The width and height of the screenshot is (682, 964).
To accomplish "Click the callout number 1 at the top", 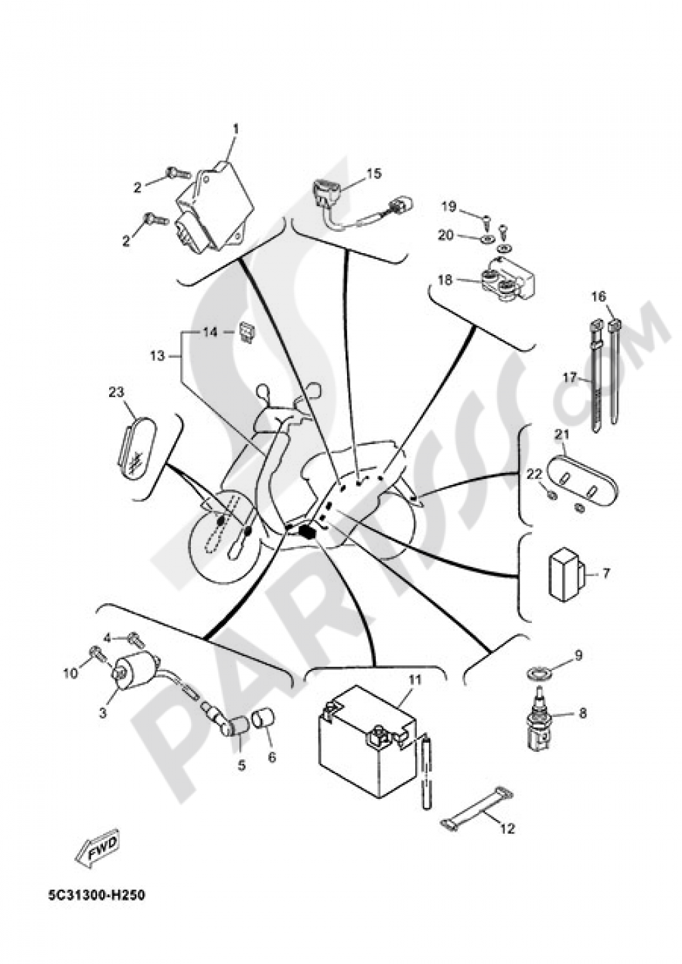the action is click(x=235, y=129).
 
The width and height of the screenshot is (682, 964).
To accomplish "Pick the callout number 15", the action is click(x=374, y=173).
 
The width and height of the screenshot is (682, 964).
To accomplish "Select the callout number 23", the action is click(x=116, y=392).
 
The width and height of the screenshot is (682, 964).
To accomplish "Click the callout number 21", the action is click(x=561, y=435).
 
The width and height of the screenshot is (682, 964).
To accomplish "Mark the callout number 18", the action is click(x=446, y=280).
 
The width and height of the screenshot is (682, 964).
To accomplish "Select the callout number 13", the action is click(x=158, y=356).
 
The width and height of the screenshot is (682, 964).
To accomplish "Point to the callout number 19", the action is click(x=448, y=207).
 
